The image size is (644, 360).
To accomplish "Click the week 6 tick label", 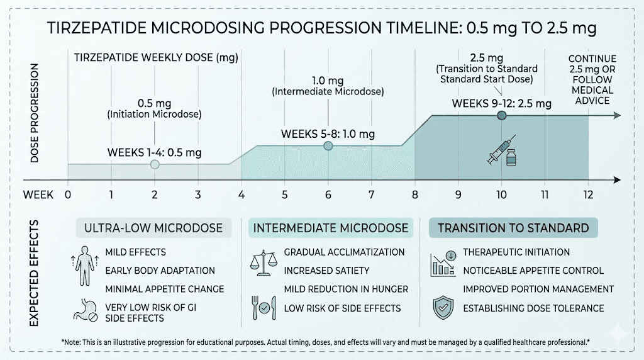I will point(328,194).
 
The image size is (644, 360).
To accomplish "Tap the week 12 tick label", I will point(588,194).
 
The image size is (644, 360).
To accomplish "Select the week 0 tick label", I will point(67,194).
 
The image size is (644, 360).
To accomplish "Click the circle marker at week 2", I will point(155,164).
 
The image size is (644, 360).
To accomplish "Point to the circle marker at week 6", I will point(328,146).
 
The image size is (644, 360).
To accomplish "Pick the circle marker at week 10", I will point(501,115).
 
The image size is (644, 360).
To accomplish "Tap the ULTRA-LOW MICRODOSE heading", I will point(153,228).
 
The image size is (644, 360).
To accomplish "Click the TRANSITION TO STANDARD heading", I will point(513,228).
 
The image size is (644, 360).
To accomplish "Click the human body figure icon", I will point(84,265).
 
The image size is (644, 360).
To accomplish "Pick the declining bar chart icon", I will point(443,264).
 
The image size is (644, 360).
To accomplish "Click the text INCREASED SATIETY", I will point(326,271).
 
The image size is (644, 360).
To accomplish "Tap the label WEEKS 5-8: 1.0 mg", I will point(328,134).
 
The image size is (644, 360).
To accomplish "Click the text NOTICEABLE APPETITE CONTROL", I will point(533,271).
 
